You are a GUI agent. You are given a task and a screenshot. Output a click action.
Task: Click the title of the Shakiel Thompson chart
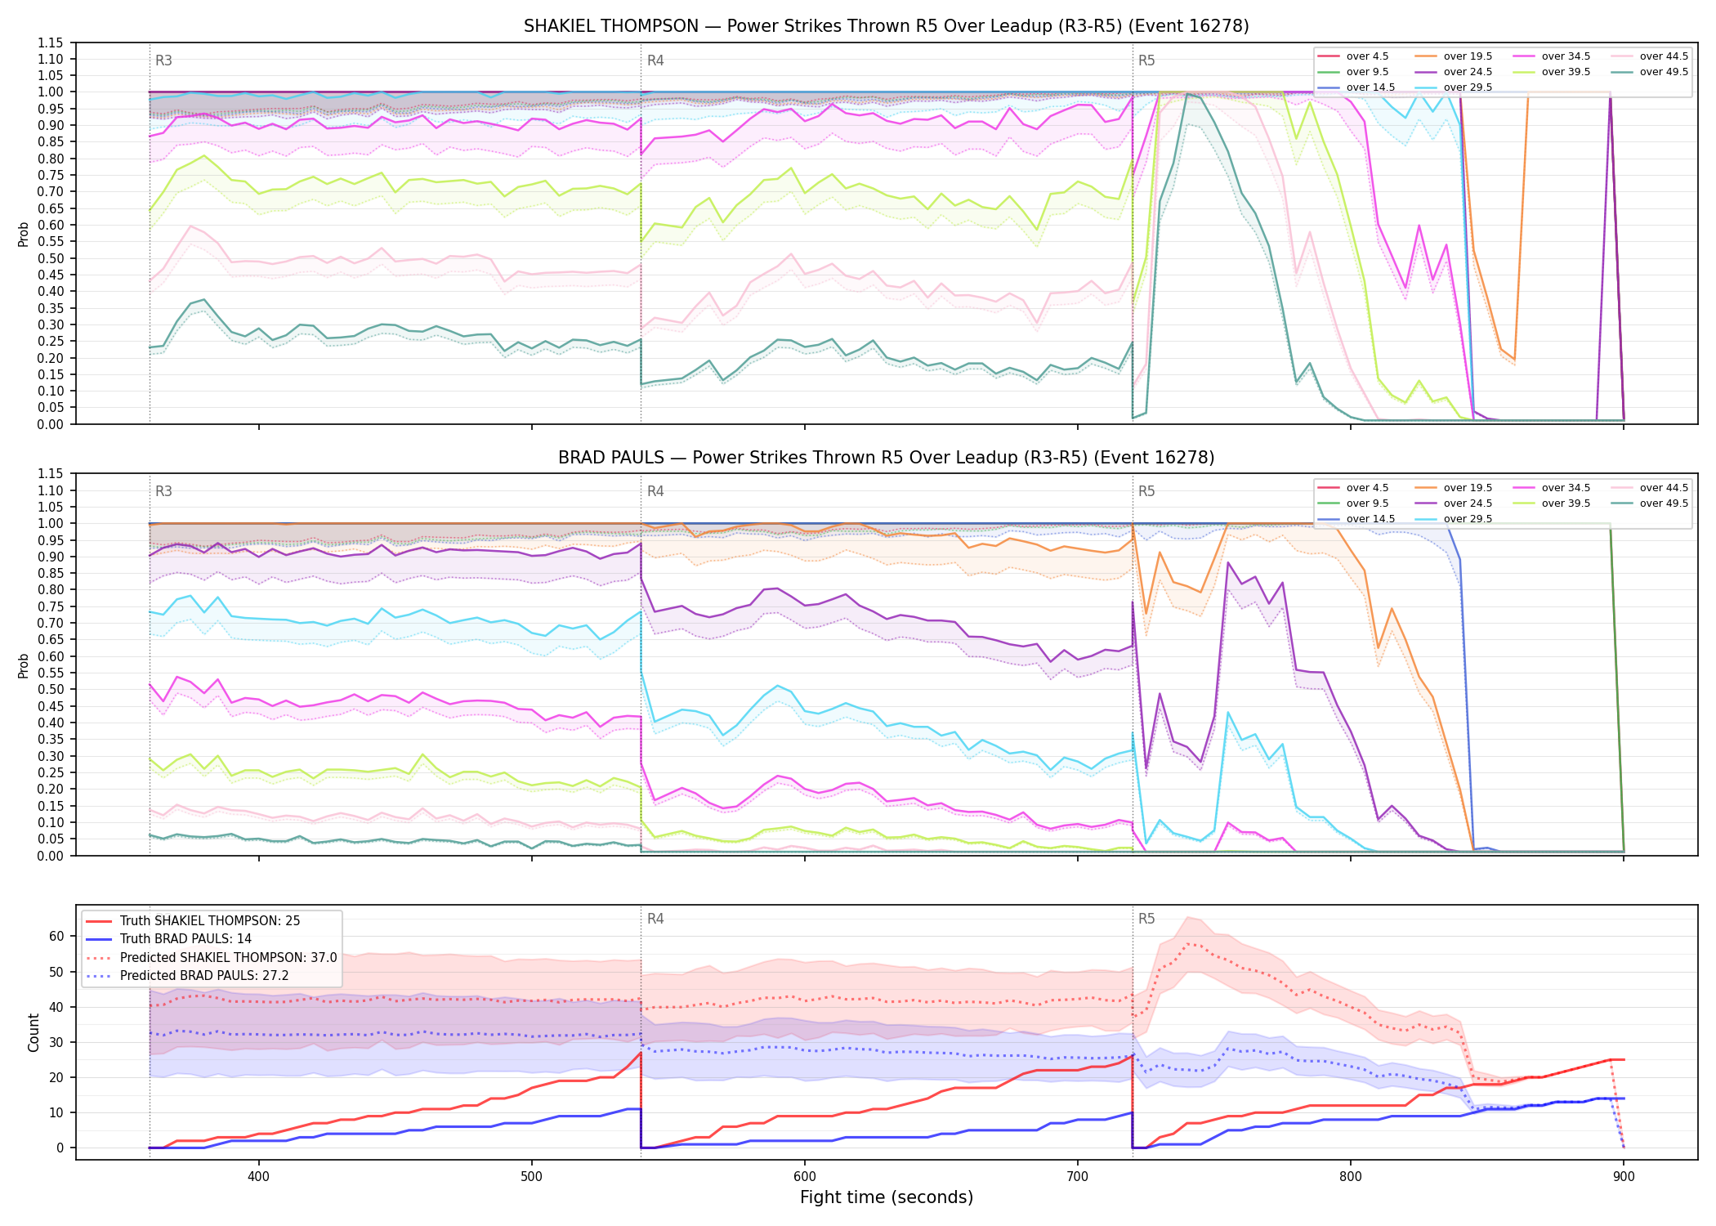(886, 26)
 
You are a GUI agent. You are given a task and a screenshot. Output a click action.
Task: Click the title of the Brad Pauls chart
(886, 458)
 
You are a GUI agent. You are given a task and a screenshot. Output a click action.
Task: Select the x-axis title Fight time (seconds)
(887, 1197)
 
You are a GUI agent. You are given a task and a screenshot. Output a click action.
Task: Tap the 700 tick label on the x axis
(1078, 1176)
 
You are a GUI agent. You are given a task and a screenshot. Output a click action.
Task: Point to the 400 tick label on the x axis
(258, 1176)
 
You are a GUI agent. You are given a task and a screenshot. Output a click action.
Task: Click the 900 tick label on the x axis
(1624, 1176)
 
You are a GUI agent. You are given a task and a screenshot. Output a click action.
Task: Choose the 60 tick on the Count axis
(56, 937)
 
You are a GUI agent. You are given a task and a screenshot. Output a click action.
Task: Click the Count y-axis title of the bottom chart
(34, 1032)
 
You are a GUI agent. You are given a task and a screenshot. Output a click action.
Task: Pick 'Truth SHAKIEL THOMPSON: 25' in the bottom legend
(210, 921)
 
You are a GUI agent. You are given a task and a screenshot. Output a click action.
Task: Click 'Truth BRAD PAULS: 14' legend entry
(185, 939)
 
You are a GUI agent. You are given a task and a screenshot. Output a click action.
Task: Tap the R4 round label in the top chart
(655, 60)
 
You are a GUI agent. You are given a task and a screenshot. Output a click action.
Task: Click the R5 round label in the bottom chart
(1146, 919)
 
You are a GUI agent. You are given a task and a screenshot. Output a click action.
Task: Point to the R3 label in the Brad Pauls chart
(163, 491)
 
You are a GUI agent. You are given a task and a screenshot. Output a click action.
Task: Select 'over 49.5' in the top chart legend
(1664, 72)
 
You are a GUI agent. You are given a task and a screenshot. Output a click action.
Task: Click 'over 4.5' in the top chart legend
(1367, 56)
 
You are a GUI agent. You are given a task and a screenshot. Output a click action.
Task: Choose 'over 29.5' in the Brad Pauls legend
(1468, 519)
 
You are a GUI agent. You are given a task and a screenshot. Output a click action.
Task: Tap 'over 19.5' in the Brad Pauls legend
(1468, 488)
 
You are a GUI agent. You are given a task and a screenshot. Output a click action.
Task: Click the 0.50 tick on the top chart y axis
(51, 258)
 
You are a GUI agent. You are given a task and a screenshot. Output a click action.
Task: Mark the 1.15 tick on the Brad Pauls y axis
(51, 474)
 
